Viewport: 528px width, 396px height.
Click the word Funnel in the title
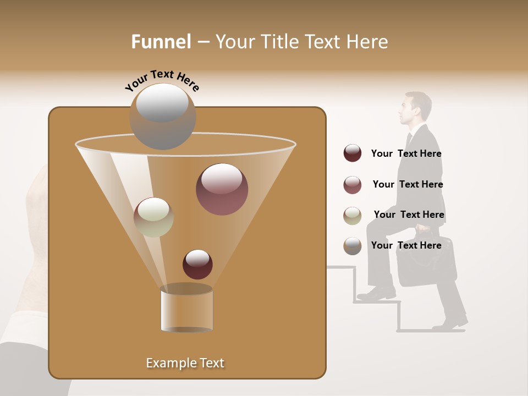point(161,42)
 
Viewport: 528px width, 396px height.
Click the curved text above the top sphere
point(162,81)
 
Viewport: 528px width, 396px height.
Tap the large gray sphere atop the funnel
point(162,116)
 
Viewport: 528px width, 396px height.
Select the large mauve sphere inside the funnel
point(222,189)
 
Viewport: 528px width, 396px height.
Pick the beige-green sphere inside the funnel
point(153,217)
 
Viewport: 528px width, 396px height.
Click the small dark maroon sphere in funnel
point(197,264)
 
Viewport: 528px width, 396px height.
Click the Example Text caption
point(185,363)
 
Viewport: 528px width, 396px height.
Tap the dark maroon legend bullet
point(353,153)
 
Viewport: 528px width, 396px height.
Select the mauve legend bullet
point(353,185)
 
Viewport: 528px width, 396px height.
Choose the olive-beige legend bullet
point(353,216)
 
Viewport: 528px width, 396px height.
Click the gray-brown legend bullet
point(353,246)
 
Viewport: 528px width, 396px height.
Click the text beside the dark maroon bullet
point(406,153)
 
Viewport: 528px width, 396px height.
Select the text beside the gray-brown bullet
point(406,245)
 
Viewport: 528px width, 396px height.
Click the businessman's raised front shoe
point(376,294)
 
